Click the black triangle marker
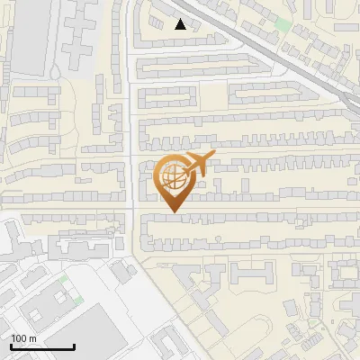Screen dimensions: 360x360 pyautogui.click(x=180, y=24)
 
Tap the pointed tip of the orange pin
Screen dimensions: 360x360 pyautogui.click(x=175, y=212)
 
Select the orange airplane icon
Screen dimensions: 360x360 pyautogui.click(x=196, y=164)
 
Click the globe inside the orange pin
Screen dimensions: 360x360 pyautogui.click(x=174, y=176)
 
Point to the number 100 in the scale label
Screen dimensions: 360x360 pyautogui.click(x=20, y=338)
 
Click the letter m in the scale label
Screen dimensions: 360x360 pyautogui.click(x=34, y=338)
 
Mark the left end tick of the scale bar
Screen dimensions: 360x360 pyautogui.click(x=11, y=346)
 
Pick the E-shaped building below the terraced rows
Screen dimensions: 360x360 pyautogui.click(x=251, y=273)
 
